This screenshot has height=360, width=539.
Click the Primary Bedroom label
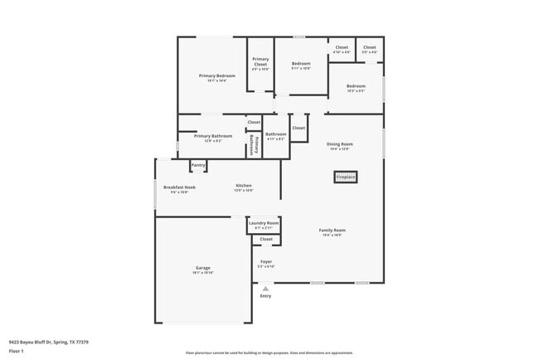(x=217, y=75)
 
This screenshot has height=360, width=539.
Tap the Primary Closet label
(x=260, y=61)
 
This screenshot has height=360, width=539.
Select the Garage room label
(x=202, y=268)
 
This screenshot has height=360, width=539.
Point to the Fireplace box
(x=345, y=177)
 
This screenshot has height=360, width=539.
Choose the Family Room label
(x=333, y=230)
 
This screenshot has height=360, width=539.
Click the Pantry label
(x=198, y=165)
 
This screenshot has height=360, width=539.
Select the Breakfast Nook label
(x=179, y=187)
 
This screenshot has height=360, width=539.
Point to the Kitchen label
(x=243, y=186)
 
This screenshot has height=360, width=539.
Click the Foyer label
(x=265, y=262)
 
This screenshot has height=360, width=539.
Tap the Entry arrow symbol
(x=265, y=288)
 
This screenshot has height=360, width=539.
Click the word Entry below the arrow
(x=265, y=296)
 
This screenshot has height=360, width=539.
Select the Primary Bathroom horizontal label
(x=213, y=136)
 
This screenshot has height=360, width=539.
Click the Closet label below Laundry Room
(x=266, y=239)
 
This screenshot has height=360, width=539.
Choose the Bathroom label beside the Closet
(x=275, y=134)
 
